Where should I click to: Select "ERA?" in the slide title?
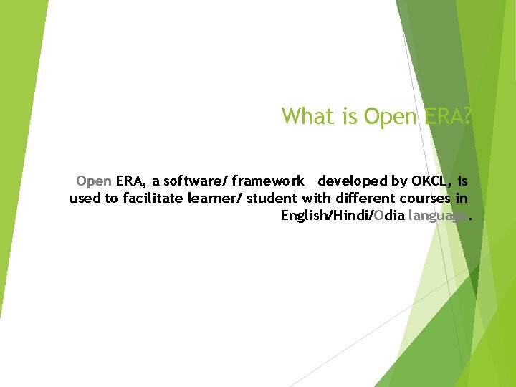(x=446, y=115)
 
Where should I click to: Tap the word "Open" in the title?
(x=389, y=115)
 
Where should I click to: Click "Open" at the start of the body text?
(x=93, y=181)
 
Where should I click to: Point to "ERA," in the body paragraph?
(x=131, y=181)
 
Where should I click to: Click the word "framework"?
(x=268, y=181)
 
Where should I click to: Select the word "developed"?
(x=353, y=181)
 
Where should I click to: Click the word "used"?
(x=85, y=199)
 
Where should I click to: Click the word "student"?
(x=272, y=199)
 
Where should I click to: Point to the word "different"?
(x=358, y=199)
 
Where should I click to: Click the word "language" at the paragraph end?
(x=438, y=216)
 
